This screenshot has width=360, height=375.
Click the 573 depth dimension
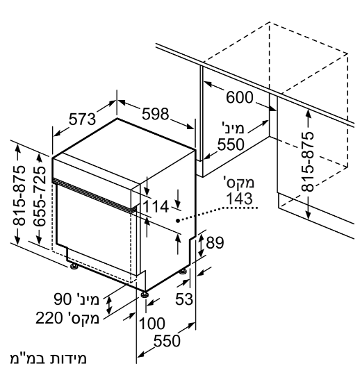pyautogui.click(x=82, y=119)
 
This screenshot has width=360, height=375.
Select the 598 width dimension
pyautogui.click(x=156, y=114)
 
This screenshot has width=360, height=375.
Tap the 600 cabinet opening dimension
pyautogui.click(x=240, y=98)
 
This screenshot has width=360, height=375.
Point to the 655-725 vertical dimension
pyautogui.click(x=40, y=197)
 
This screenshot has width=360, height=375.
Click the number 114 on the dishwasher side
pyautogui.click(x=156, y=207)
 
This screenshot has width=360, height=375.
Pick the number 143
pyautogui.click(x=239, y=199)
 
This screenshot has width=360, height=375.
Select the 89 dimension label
pyautogui.click(x=215, y=243)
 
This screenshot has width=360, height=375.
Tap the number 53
pyautogui.click(x=184, y=299)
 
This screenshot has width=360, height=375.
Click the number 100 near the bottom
pyautogui.click(x=152, y=324)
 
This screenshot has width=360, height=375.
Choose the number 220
pyautogui.click(x=49, y=318)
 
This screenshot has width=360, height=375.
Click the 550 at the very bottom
pyautogui.click(x=167, y=341)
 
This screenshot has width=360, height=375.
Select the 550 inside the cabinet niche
pyautogui.click(x=231, y=144)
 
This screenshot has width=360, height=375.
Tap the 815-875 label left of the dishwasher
pyautogui.click(x=19, y=196)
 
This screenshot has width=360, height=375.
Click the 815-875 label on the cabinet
pyautogui.click(x=307, y=162)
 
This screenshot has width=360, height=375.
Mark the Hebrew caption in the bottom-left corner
pyautogui.click(x=49, y=359)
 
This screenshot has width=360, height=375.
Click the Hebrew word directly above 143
pyautogui.click(x=239, y=182)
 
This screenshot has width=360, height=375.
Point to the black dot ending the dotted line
pyautogui.click(x=178, y=221)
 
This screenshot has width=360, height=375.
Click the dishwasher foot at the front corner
pyautogui.click(x=145, y=294)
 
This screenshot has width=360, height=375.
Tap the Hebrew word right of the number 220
pyautogui.click(x=81, y=318)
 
